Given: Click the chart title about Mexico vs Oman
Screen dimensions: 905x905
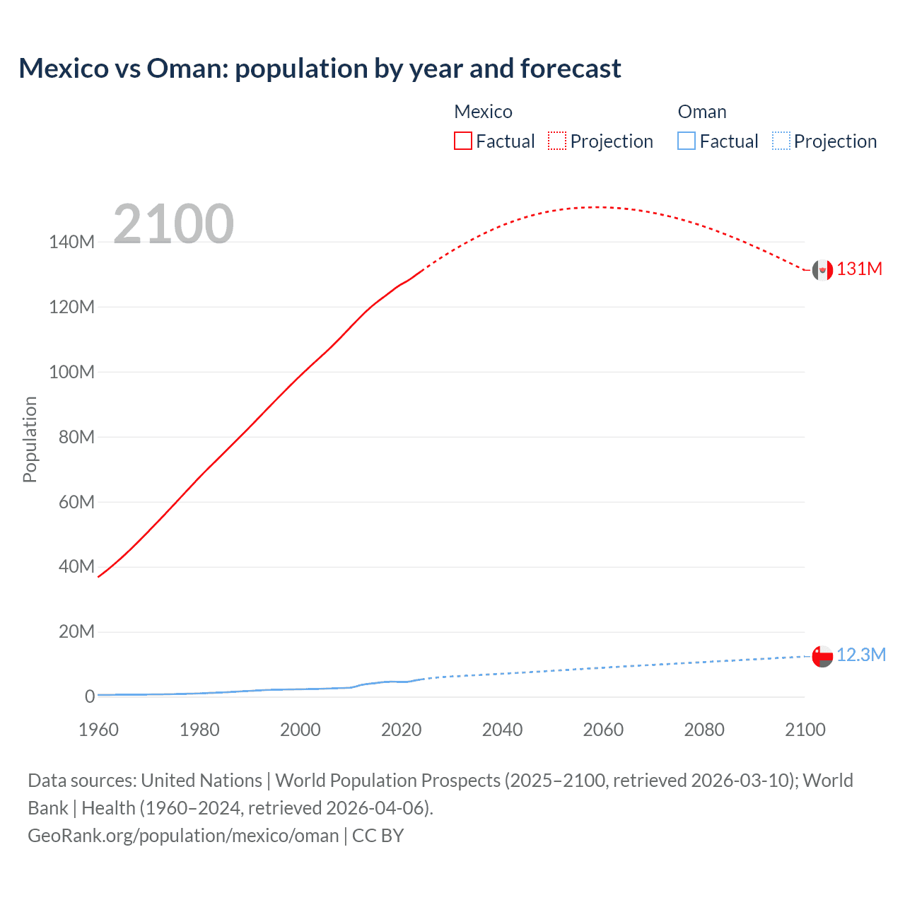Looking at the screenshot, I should click(320, 69).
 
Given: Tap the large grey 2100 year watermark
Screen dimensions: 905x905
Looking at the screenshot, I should click(173, 224).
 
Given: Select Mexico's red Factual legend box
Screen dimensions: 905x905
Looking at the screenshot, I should click(462, 141).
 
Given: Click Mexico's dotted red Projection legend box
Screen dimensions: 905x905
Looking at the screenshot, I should click(557, 141).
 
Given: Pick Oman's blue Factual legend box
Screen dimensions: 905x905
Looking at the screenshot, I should click(686, 141).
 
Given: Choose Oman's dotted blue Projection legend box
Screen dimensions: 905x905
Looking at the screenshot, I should click(781, 141).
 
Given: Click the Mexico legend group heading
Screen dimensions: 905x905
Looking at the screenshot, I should click(483, 112).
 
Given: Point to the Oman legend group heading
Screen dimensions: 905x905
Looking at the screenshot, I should click(701, 112).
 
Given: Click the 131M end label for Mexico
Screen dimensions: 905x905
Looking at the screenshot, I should click(859, 269).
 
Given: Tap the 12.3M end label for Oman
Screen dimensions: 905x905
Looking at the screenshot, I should click(860, 655).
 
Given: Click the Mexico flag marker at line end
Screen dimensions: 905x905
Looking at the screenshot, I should click(822, 270).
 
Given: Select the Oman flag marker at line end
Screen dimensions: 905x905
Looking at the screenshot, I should click(822, 656).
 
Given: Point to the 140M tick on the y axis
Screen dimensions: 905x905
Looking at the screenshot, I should click(71, 243).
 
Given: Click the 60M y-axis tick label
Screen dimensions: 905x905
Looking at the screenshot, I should click(76, 503).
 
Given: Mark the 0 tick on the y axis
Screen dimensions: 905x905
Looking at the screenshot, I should click(90, 697).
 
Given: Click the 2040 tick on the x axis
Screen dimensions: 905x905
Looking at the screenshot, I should click(502, 730).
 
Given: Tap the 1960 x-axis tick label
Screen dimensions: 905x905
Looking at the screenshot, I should click(98, 730).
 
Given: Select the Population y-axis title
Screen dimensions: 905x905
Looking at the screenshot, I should click(30, 439).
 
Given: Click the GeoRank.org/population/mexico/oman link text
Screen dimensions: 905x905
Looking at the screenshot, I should click(183, 836).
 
